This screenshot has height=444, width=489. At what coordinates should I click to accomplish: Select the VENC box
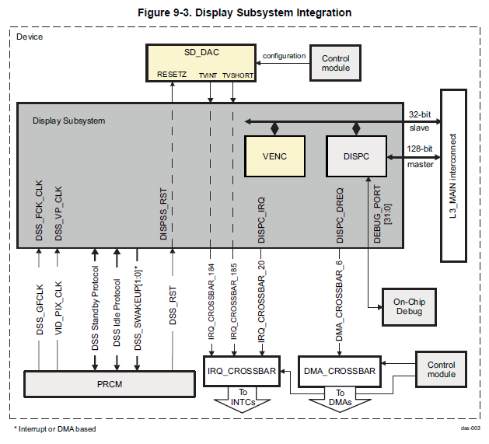[x=274, y=156]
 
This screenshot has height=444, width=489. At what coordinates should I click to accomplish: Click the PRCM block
[x=109, y=383]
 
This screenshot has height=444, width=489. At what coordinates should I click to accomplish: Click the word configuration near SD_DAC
[x=284, y=56]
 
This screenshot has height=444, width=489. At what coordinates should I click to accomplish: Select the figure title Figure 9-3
[x=244, y=12]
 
